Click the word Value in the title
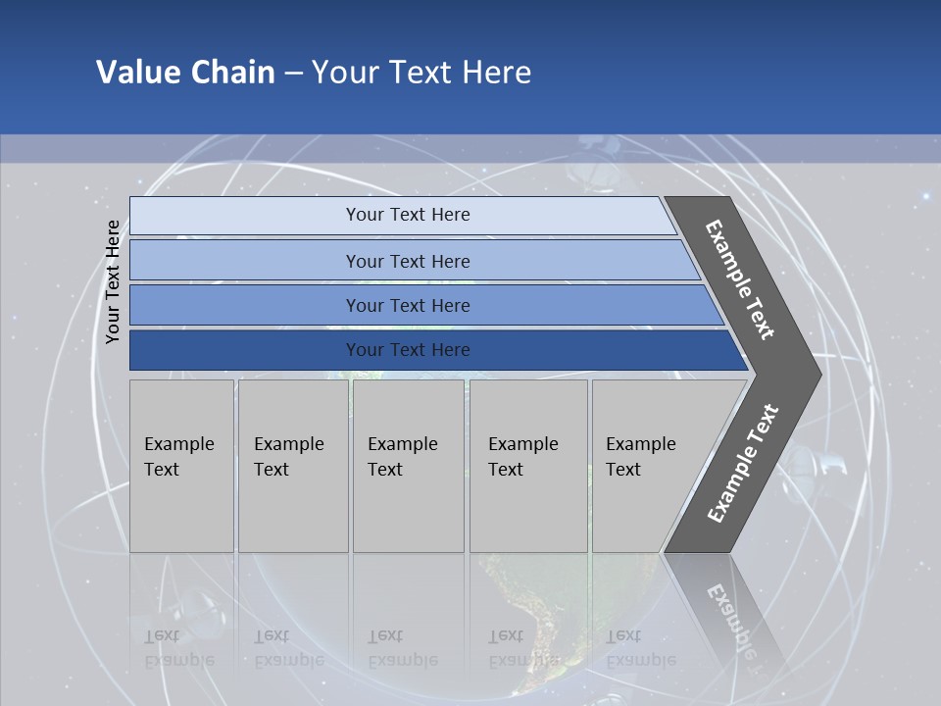point(135,73)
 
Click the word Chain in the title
point(233,73)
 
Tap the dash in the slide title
point(293,74)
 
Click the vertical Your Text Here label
point(113,281)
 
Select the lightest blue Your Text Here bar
point(407,215)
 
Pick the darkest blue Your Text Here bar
point(407,350)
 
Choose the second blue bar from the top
point(407,261)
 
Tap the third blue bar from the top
point(407,305)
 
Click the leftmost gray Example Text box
point(181,466)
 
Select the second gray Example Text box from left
point(292,466)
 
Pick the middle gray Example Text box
point(408,466)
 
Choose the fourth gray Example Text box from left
point(527,466)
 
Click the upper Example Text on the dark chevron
point(740,280)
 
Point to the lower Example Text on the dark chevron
point(743,463)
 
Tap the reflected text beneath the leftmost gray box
point(179,647)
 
